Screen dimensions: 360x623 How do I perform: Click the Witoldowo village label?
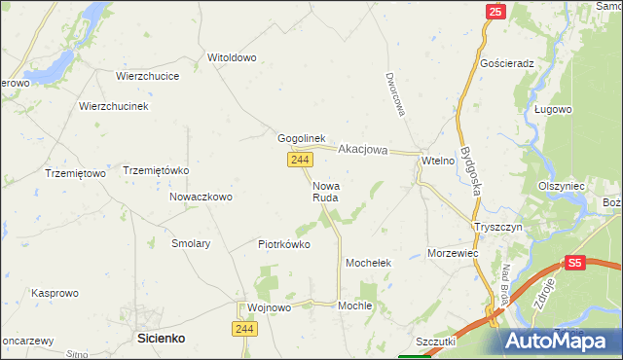click(232, 57)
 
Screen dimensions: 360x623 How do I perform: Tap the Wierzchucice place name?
click(145, 75)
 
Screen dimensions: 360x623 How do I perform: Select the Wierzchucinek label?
click(113, 106)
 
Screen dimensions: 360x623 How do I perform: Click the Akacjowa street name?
click(363, 150)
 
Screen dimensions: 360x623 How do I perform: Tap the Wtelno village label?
click(438, 160)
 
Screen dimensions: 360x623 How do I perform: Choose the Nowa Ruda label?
click(326, 191)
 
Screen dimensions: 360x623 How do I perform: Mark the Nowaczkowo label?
click(201, 197)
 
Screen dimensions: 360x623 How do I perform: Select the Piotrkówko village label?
click(284, 244)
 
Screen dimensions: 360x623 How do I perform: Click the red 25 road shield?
click(495, 12)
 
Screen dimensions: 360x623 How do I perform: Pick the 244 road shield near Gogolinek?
click(299, 160)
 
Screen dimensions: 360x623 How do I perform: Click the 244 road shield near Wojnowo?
click(244, 331)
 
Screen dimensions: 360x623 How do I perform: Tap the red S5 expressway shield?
click(575, 263)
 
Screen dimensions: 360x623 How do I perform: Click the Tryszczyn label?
click(498, 226)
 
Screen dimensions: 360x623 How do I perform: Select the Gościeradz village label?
click(508, 62)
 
